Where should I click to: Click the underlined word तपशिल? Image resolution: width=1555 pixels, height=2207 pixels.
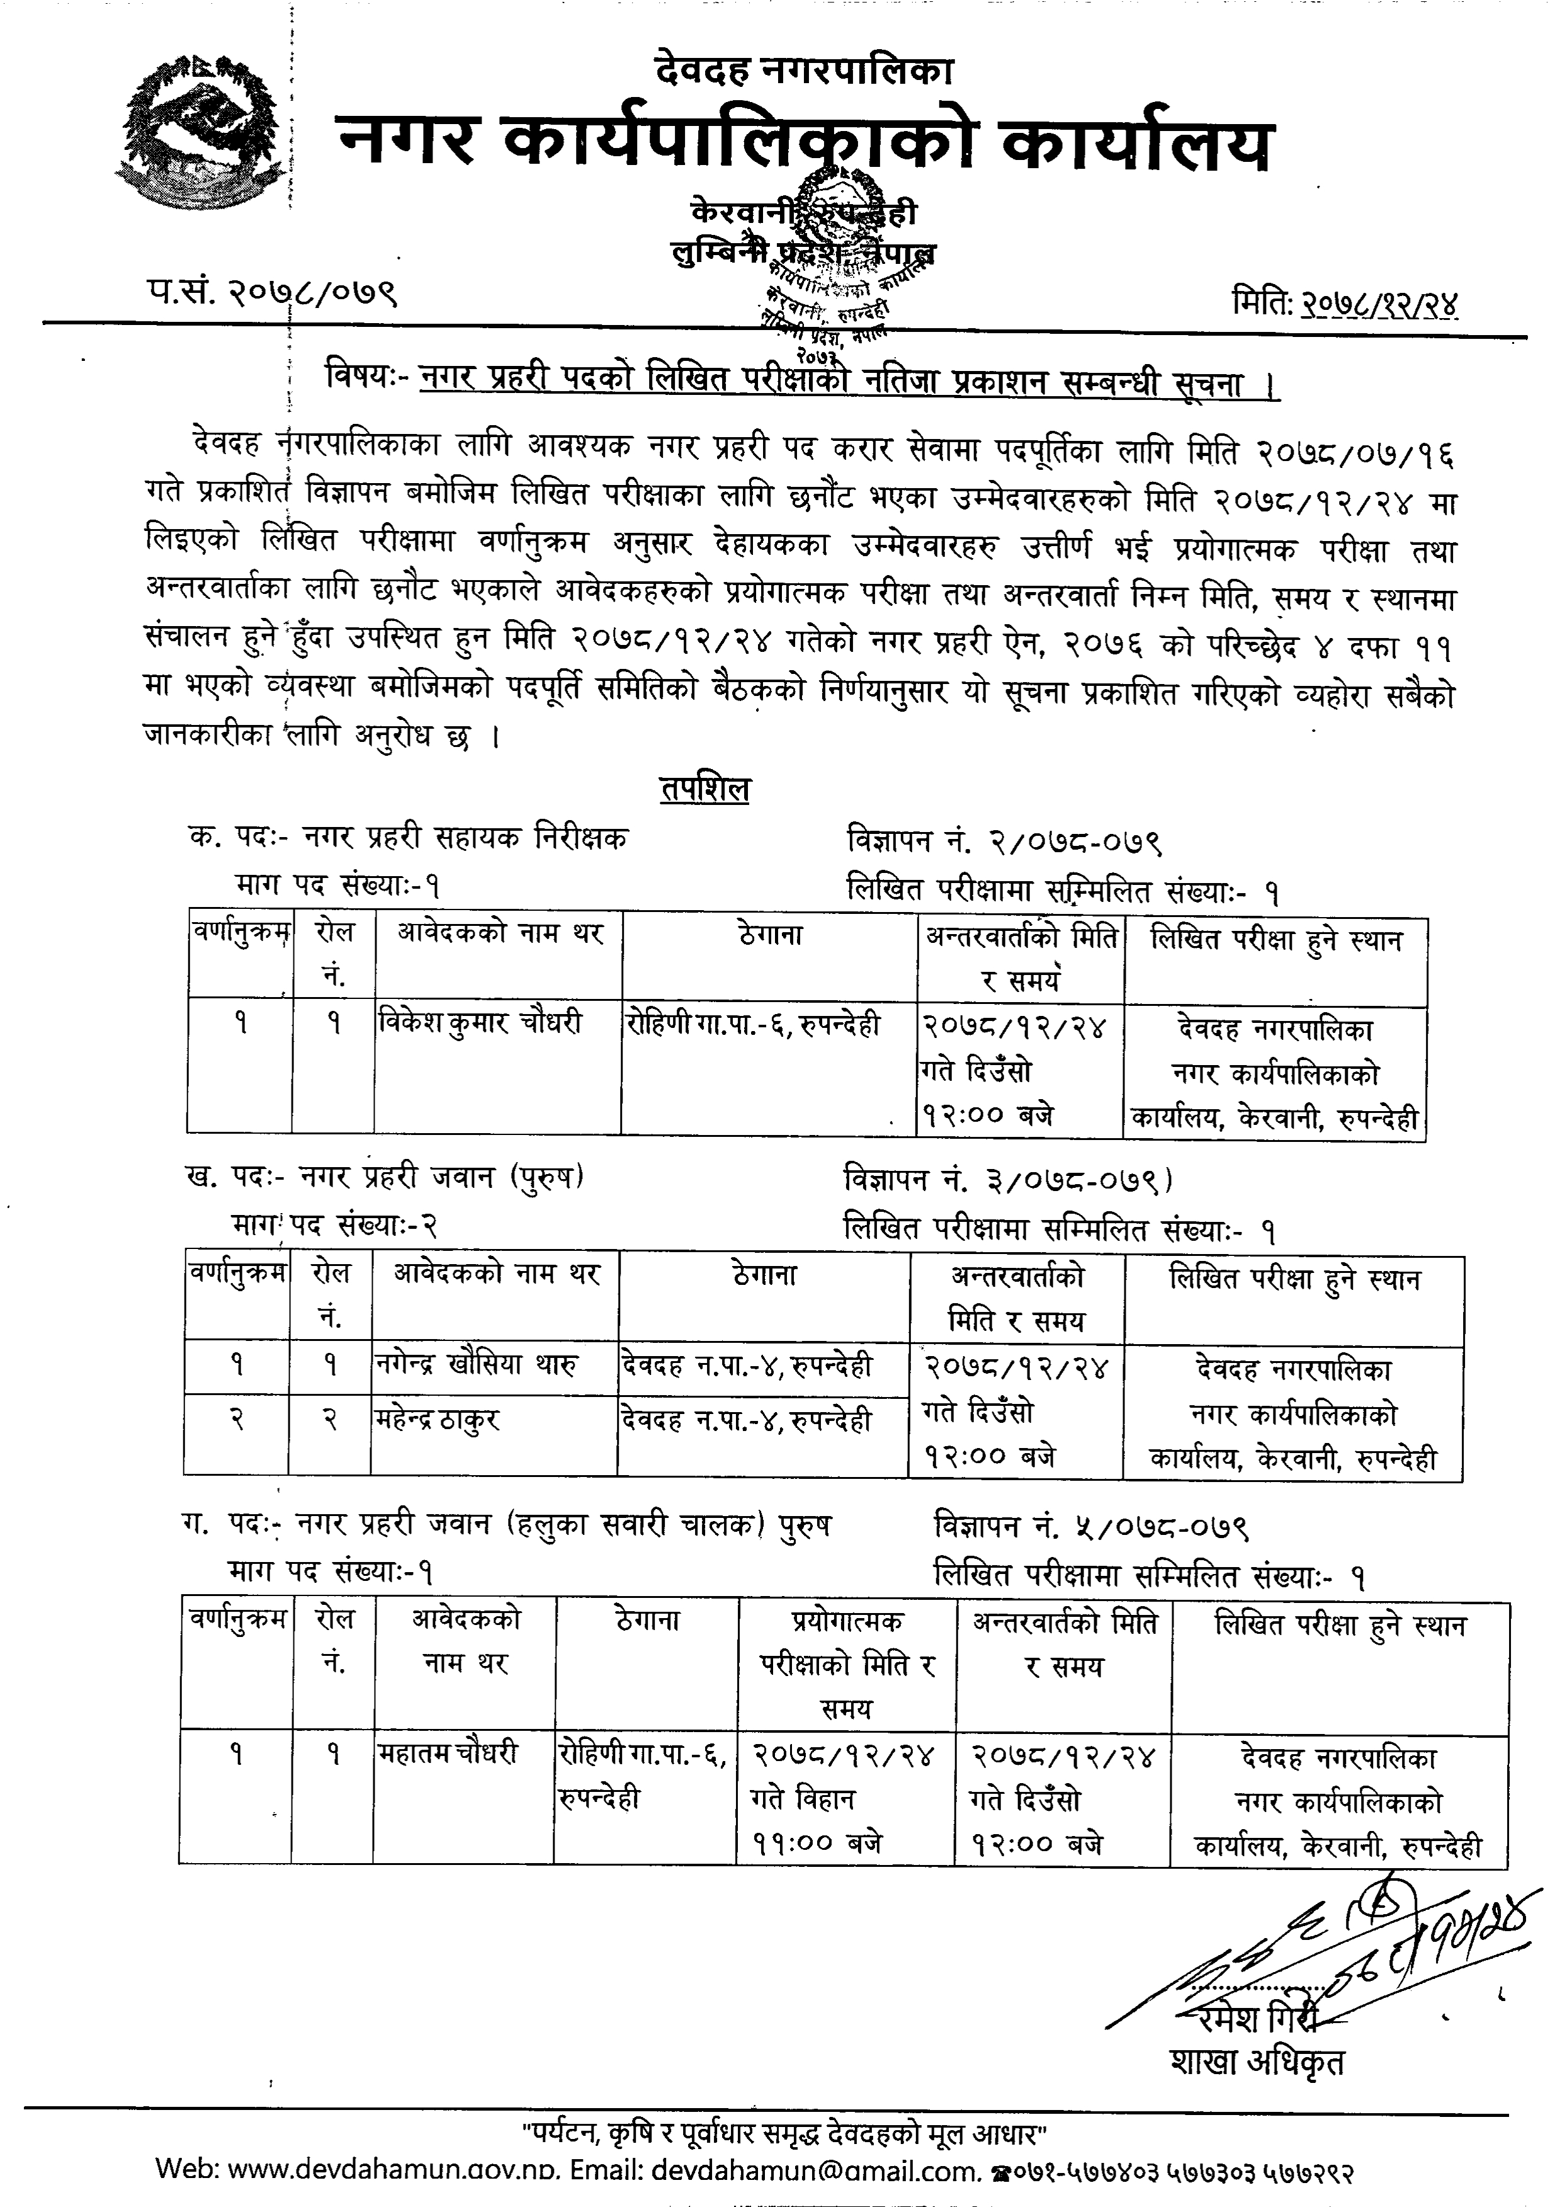(704, 789)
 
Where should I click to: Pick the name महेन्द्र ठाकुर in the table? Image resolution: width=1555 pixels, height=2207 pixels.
(438, 1419)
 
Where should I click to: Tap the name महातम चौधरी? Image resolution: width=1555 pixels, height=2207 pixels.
(447, 1754)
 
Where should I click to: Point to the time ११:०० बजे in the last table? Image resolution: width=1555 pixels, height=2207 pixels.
(817, 1844)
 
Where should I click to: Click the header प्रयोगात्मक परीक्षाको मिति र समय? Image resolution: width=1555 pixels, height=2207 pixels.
(847, 1664)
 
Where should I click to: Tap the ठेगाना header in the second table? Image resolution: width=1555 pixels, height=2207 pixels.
(764, 1275)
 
